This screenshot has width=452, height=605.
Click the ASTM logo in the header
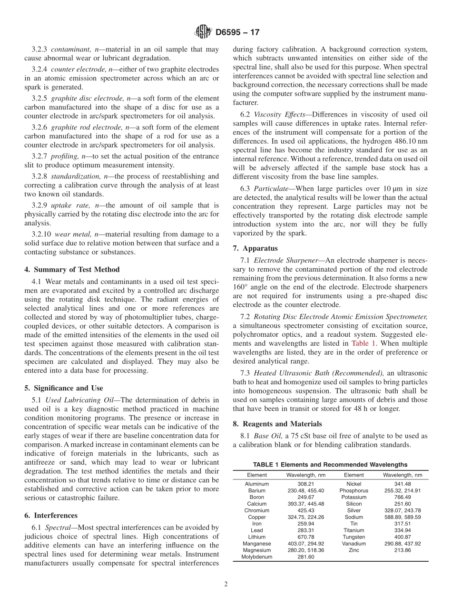(203, 32)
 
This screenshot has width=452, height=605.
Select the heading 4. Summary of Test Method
(72, 270)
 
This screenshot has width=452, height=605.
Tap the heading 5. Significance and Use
(63, 388)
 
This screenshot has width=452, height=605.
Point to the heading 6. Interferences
(51, 515)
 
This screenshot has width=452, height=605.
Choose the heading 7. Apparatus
(255, 248)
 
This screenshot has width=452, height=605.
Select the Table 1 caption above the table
(330, 465)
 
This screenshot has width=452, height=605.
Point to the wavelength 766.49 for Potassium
(402, 497)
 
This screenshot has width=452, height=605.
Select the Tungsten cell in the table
(354, 537)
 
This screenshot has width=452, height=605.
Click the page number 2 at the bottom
(226, 585)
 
